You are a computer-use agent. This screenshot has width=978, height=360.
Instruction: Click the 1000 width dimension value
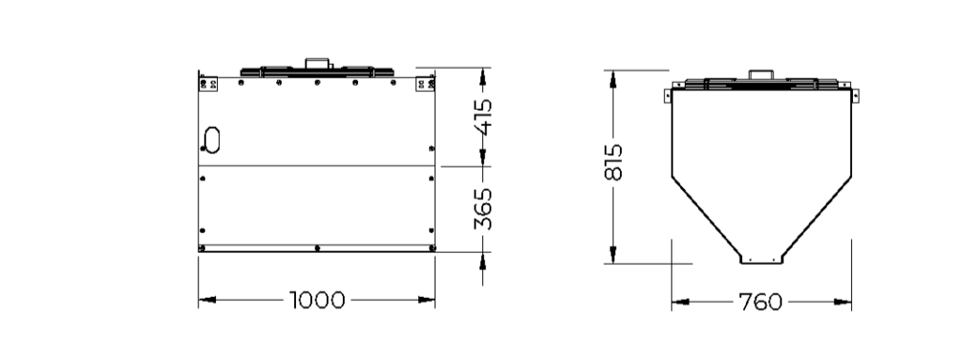[x=317, y=300]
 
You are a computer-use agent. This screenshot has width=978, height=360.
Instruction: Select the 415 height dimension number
[x=483, y=116]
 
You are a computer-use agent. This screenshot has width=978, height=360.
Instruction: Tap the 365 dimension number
[x=483, y=209]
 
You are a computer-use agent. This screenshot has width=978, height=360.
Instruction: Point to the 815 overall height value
[x=614, y=162]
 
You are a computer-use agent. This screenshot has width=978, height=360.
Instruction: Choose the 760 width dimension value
[x=760, y=302]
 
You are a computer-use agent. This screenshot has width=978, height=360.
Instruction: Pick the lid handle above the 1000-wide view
[x=317, y=63]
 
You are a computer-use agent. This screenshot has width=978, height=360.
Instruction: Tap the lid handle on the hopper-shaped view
[x=761, y=74]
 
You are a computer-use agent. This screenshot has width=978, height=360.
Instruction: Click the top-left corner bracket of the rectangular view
[x=208, y=84]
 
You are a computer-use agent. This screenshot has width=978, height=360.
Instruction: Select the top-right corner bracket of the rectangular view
[x=425, y=84]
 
